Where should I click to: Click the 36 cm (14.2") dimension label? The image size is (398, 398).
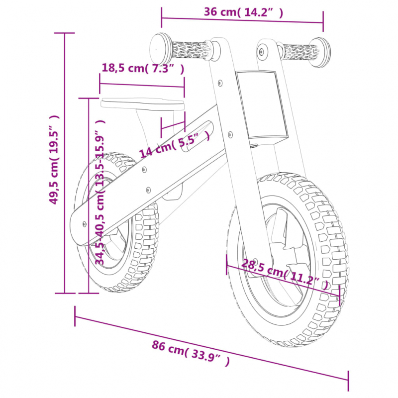point(243,12)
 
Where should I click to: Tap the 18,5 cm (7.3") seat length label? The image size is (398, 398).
point(143,69)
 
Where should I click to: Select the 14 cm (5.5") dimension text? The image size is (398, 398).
point(175,145)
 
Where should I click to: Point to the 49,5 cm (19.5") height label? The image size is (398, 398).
point(54,159)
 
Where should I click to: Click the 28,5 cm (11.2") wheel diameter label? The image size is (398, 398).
point(285,275)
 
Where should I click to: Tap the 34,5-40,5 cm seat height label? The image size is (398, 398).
point(100,192)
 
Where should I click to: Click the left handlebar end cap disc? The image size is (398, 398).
point(160,48)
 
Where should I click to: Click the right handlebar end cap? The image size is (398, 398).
point(321,53)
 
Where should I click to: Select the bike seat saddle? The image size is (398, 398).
point(142,104)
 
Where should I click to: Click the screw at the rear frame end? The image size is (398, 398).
point(85,224)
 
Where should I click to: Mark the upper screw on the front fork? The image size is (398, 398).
point(220,83)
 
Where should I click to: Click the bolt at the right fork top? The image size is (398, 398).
point(262,52)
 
